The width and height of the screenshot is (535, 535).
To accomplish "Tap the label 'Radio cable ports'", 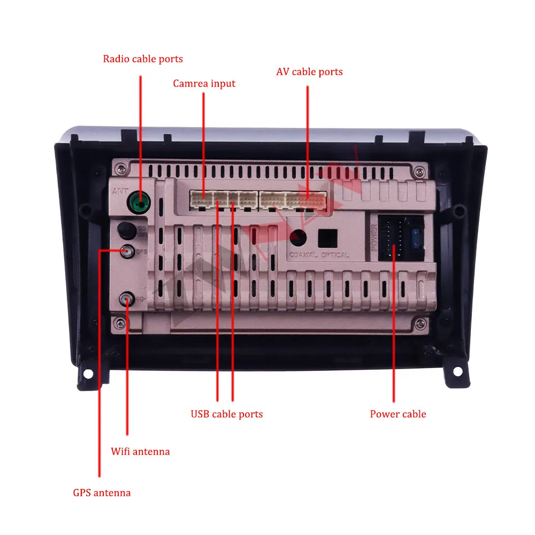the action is pos(143,59).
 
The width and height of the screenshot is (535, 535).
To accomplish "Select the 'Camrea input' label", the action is pos(204,83).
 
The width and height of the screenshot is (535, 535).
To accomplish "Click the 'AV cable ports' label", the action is pos(309,72).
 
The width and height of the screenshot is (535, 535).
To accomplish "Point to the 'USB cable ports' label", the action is pos(227,414).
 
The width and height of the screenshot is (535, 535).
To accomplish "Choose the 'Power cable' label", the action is pos(398,414).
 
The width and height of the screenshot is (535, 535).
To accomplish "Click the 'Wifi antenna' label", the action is pos(140,452).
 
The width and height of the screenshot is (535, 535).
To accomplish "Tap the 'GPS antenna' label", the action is pos(102,493).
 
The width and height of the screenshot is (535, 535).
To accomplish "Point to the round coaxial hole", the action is pos(298,236).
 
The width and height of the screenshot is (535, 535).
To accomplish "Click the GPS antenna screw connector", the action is pos(127,250).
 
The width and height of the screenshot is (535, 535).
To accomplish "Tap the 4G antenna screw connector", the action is pos(127,299).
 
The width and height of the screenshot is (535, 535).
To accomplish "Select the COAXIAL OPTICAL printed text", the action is pos(319,255).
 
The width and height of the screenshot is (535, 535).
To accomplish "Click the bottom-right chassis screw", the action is pos(422,323).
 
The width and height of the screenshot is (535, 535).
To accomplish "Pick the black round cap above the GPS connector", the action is pos(126,231).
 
